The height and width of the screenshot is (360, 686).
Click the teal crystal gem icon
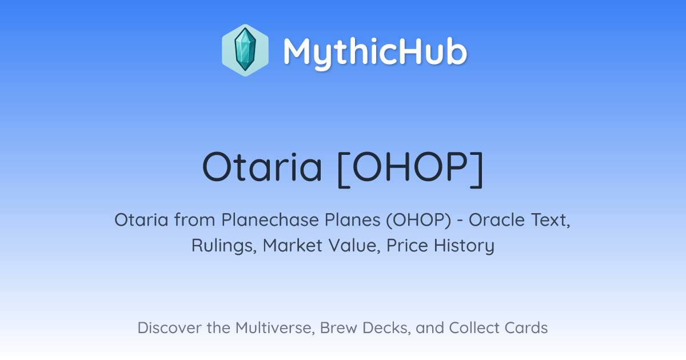[245, 50]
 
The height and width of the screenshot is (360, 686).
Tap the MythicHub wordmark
[375, 53]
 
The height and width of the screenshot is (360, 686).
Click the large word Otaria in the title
[262, 166]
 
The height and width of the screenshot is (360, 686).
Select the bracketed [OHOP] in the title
[410, 169]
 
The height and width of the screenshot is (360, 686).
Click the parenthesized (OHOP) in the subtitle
[418, 221]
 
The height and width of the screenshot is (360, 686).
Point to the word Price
[407, 245]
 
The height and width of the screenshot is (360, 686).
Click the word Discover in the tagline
[169, 327]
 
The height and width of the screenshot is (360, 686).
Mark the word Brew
[338, 327]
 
